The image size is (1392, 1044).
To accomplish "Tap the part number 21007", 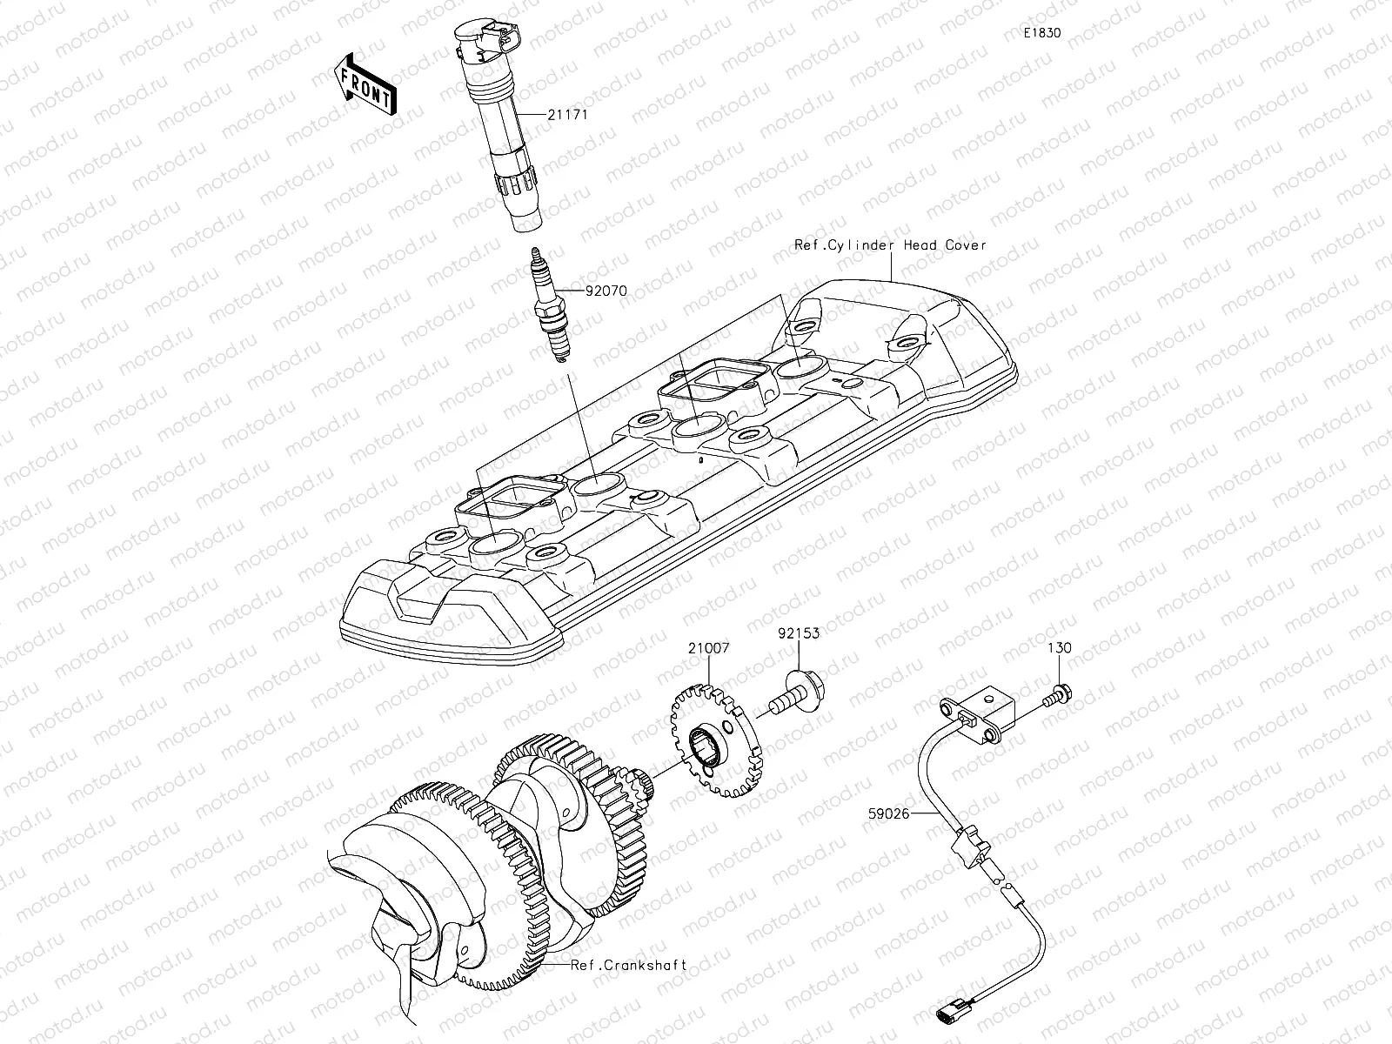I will pyautogui.click(x=708, y=648).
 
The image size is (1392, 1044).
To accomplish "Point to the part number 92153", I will pyautogui.click(x=798, y=634).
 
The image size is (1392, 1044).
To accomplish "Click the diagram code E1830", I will pyautogui.click(x=1041, y=33).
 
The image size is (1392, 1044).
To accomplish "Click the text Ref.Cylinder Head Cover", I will pyautogui.click(x=890, y=245).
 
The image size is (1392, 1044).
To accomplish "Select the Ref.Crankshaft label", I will pyautogui.click(x=629, y=965).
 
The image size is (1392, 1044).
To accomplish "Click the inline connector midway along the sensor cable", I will pyautogui.click(x=971, y=845).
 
